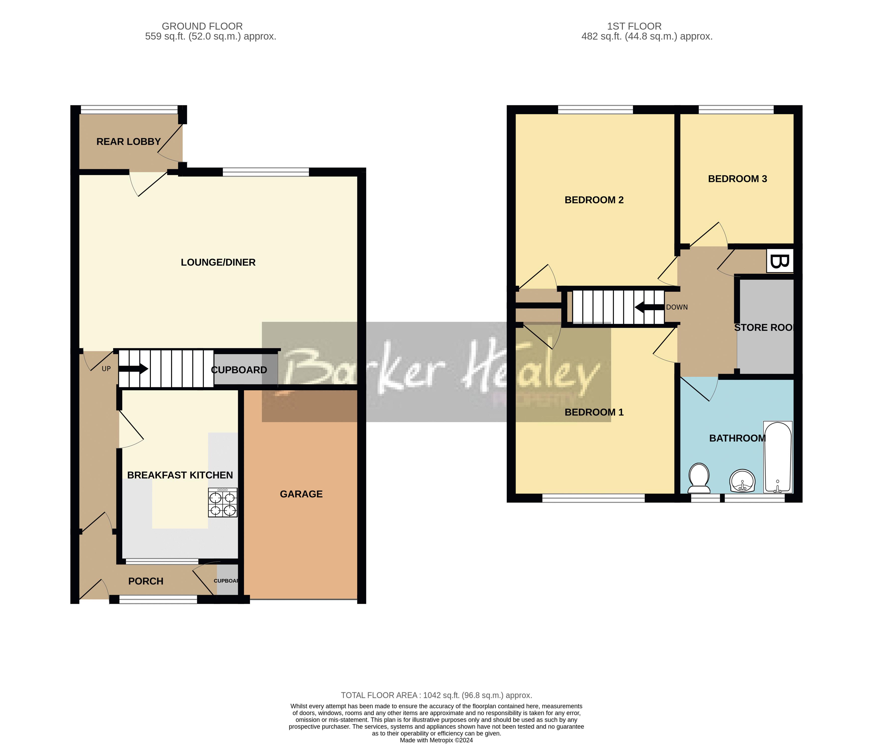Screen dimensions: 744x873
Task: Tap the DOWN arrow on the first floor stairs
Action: click(649, 307)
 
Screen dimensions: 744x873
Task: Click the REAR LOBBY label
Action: click(128, 142)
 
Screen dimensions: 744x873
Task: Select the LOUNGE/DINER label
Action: click(218, 262)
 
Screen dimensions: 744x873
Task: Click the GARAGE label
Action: click(301, 494)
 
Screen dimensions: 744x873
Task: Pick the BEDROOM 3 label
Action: click(737, 179)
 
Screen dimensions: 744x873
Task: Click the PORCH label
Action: click(146, 581)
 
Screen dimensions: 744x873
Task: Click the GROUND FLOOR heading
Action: click(202, 26)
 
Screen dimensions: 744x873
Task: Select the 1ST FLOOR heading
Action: click(634, 26)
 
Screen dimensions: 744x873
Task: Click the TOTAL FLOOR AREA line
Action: click(437, 695)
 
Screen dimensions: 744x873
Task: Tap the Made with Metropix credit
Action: click(437, 740)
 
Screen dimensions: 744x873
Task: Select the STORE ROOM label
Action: click(763, 327)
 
